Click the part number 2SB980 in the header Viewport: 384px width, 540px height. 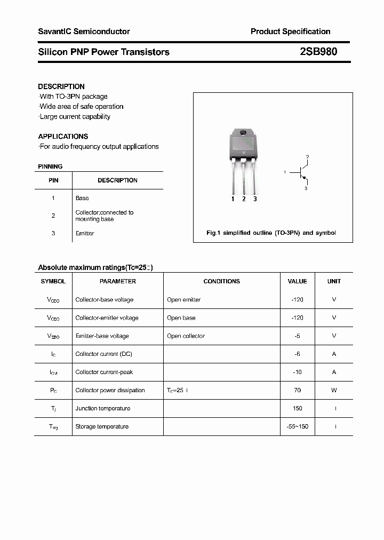[x=318, y=52]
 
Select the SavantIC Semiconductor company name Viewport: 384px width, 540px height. [x=84, y=31]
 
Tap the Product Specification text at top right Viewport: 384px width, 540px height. [x=290, y=31]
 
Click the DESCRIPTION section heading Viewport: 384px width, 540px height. [x=61, y=86]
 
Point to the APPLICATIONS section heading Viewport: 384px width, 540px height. [x=63, y=136]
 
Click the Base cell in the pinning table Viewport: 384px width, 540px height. [x=82, y=198]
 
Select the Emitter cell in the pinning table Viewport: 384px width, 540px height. [x=85, y=233]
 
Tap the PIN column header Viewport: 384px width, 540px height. [x=53, y=180]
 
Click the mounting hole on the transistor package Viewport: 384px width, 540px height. [x=243, y=133]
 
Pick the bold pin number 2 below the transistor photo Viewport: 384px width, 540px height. [x=244, y=199]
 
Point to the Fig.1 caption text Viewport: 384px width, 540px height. [x=271, y=233]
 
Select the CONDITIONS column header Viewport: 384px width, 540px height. [x=221, y=281]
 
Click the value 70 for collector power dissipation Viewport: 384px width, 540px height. [x=297, y=390]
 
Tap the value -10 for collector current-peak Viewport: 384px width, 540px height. [x=297, y=372]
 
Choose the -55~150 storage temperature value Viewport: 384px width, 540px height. [x=297, y=426]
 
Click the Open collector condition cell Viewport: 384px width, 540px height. [x=186, y=336]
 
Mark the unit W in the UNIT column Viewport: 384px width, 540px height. [x=334, y=390]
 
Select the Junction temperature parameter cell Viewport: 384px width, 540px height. [x=103, y=408]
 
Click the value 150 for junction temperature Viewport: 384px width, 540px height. [x=297, y=408]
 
